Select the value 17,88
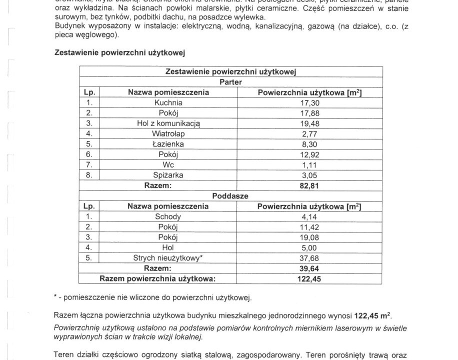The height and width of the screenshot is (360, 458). coord(308,113)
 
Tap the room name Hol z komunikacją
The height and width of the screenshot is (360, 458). coord(168,123)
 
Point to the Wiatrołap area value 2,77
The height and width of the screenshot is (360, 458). coord(308,133)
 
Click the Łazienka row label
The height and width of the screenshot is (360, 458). coord(168,144)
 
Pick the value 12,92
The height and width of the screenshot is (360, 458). coord(308,154)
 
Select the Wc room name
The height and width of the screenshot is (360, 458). coord(168,164)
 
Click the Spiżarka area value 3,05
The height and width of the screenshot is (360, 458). coord(308,175)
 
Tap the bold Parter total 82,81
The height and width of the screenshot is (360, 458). coord(308,185)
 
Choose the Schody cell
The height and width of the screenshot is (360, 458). coord(168,216)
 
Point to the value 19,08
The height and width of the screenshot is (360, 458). coord(308,237)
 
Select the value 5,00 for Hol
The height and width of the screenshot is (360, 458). coord(308,247)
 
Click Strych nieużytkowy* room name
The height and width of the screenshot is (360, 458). coord(168,258)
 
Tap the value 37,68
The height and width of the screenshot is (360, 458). coord(308,258)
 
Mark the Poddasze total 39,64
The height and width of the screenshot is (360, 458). coord(308,268)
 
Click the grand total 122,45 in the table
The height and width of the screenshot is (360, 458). coord(308,278)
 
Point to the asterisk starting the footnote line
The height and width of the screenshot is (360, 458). coord(55,298)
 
